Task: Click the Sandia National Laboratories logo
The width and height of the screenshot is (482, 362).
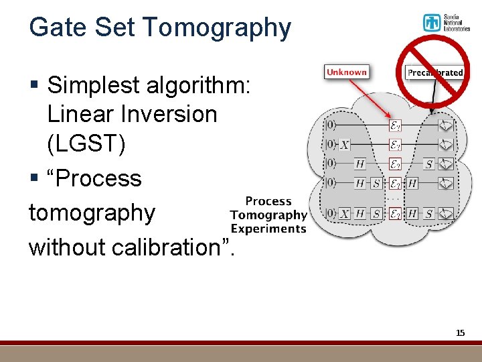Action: click(446, 23)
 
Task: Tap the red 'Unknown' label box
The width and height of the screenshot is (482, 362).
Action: click(346, 72)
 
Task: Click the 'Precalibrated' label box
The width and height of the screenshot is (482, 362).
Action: click(435, 72)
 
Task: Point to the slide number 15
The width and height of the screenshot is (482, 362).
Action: click(460, 333)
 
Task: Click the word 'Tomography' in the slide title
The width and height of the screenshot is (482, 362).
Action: click(217, 27)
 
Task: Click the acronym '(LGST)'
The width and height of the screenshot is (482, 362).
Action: click(86, 143)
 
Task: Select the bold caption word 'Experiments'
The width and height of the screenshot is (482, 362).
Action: click(268, 229)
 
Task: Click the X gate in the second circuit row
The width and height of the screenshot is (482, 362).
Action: click(344, 145)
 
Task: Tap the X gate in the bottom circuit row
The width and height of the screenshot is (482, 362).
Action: click(344, 214)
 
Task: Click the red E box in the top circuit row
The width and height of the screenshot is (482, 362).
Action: click(395, 125)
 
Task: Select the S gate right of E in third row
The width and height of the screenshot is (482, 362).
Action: click(429, 164)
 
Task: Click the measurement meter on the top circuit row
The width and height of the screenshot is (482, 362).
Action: click(445, 125)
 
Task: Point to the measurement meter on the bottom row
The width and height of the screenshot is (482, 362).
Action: click(445, 214)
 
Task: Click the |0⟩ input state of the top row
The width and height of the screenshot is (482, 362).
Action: click(330, 125)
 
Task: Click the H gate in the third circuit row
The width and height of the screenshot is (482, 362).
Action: click(360, 164)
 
